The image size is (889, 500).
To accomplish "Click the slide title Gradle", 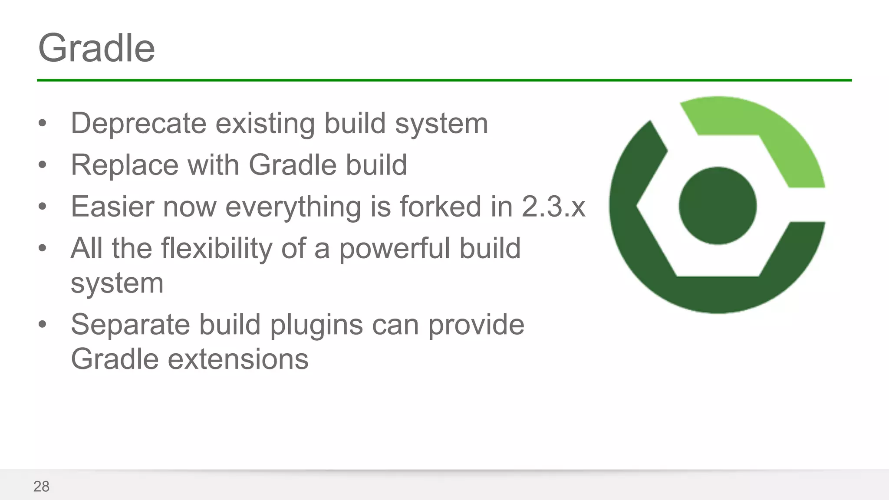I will [x=96, y=48].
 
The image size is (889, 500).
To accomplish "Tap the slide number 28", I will [x=41, y=487].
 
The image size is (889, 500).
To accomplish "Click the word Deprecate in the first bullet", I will [x=138, y=124].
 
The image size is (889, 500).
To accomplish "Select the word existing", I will [x=265, y=124].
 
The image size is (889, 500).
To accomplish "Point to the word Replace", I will [x=125, y=165].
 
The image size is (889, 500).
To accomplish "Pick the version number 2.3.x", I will [x=553, y=207].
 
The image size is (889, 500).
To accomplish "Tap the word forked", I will [x=441, y=207].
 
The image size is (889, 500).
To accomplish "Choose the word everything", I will [x=293, y=207].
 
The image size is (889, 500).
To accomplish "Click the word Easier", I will [x=112, y=207].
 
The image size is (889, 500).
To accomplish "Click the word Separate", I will [x=130, y=325].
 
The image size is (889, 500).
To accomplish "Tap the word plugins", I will [x=316, y=325].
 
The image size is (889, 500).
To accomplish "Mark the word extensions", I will [x=238, y=360].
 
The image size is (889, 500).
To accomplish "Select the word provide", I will [x=476, y=325].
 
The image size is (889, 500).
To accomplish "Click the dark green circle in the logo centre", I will [x=718, y=206].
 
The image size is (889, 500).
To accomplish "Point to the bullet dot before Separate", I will [x=42, y=324].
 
